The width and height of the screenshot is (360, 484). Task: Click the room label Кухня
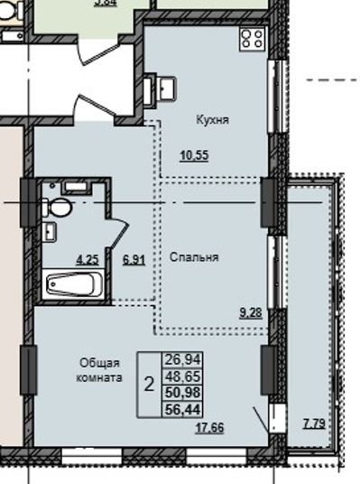tap(212, 118)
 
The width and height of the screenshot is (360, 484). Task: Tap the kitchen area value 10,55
tap(194, 155)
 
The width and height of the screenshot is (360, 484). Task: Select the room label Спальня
tap(194, 257)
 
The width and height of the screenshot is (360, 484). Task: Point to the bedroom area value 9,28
tap(251, 312)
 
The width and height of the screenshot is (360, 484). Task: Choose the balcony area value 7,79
tap(316, 423)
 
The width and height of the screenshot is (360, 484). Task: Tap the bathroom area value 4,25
tap(88, 260)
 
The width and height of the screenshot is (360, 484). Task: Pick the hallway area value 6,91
tap(134, 260)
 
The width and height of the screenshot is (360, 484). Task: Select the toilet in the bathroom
tap(59, 206)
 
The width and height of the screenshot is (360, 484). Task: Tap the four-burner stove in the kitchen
tap(252, 39)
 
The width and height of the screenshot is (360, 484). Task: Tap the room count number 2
tap(148, 384)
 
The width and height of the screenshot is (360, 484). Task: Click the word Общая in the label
tap(95, 363)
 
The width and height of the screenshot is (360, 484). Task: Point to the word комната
tap(98, 378)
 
